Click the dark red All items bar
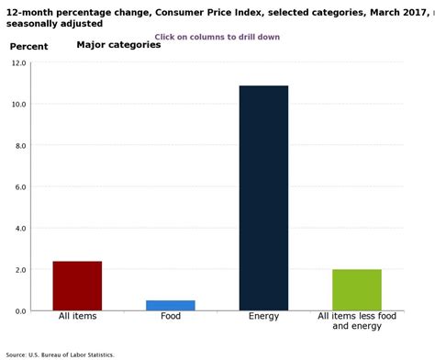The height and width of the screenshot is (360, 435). (x=77, y=286)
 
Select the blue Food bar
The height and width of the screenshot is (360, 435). (x=171, y=305)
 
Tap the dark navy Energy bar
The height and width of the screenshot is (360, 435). (x=263, y=197)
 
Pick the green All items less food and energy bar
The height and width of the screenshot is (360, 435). (x=356, y=289)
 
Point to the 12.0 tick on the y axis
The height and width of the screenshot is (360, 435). (x=18, y=63)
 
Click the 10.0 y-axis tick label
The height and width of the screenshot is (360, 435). (x=18, y=105)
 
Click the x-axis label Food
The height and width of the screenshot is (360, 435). (x=171, y=317)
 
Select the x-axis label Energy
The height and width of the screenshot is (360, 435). (x=263, y=317)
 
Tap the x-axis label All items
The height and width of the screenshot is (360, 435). (x=77, y=317)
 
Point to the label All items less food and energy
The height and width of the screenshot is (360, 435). (x=357, y=321)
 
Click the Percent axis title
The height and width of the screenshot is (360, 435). (x=28, y=46)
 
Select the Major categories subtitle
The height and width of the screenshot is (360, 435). (x=118, y=44)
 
